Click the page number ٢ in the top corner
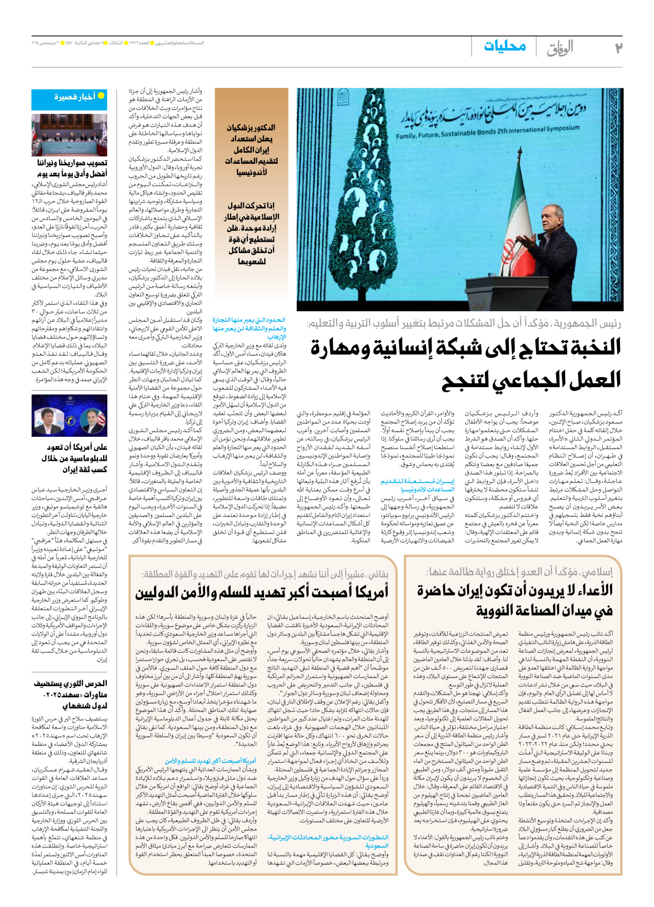618,47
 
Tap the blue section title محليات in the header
505,46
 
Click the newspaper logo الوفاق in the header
560,48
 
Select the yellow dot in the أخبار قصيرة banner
102,96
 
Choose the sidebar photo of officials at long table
69,135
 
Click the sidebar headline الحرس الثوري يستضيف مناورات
70,694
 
